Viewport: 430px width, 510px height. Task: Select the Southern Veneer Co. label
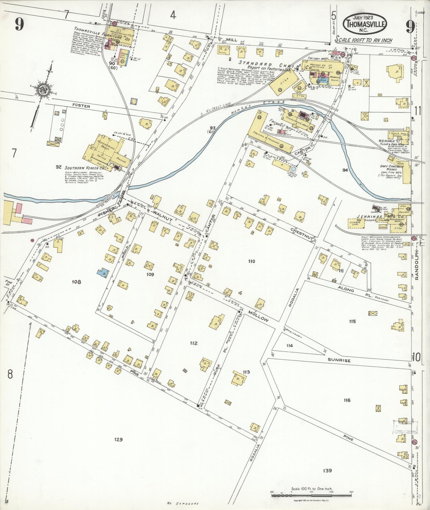click(81, 168)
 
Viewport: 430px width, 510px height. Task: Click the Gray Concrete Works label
click(392, 168)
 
